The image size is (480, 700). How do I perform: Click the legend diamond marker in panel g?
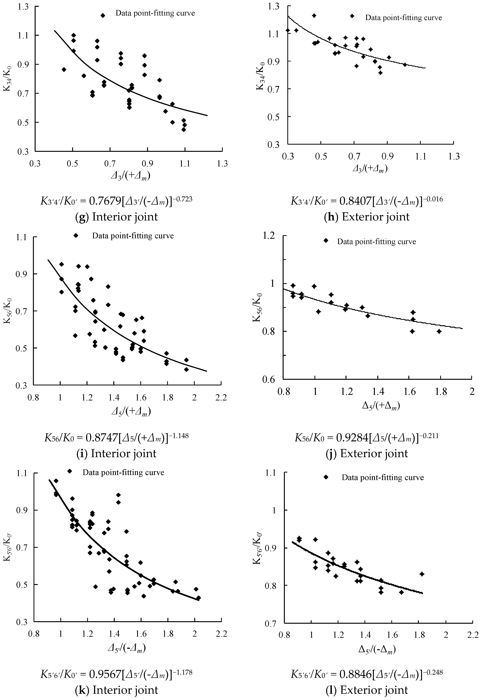103,15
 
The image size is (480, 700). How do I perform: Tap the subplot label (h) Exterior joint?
367,217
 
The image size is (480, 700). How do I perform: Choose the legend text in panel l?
383,477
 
